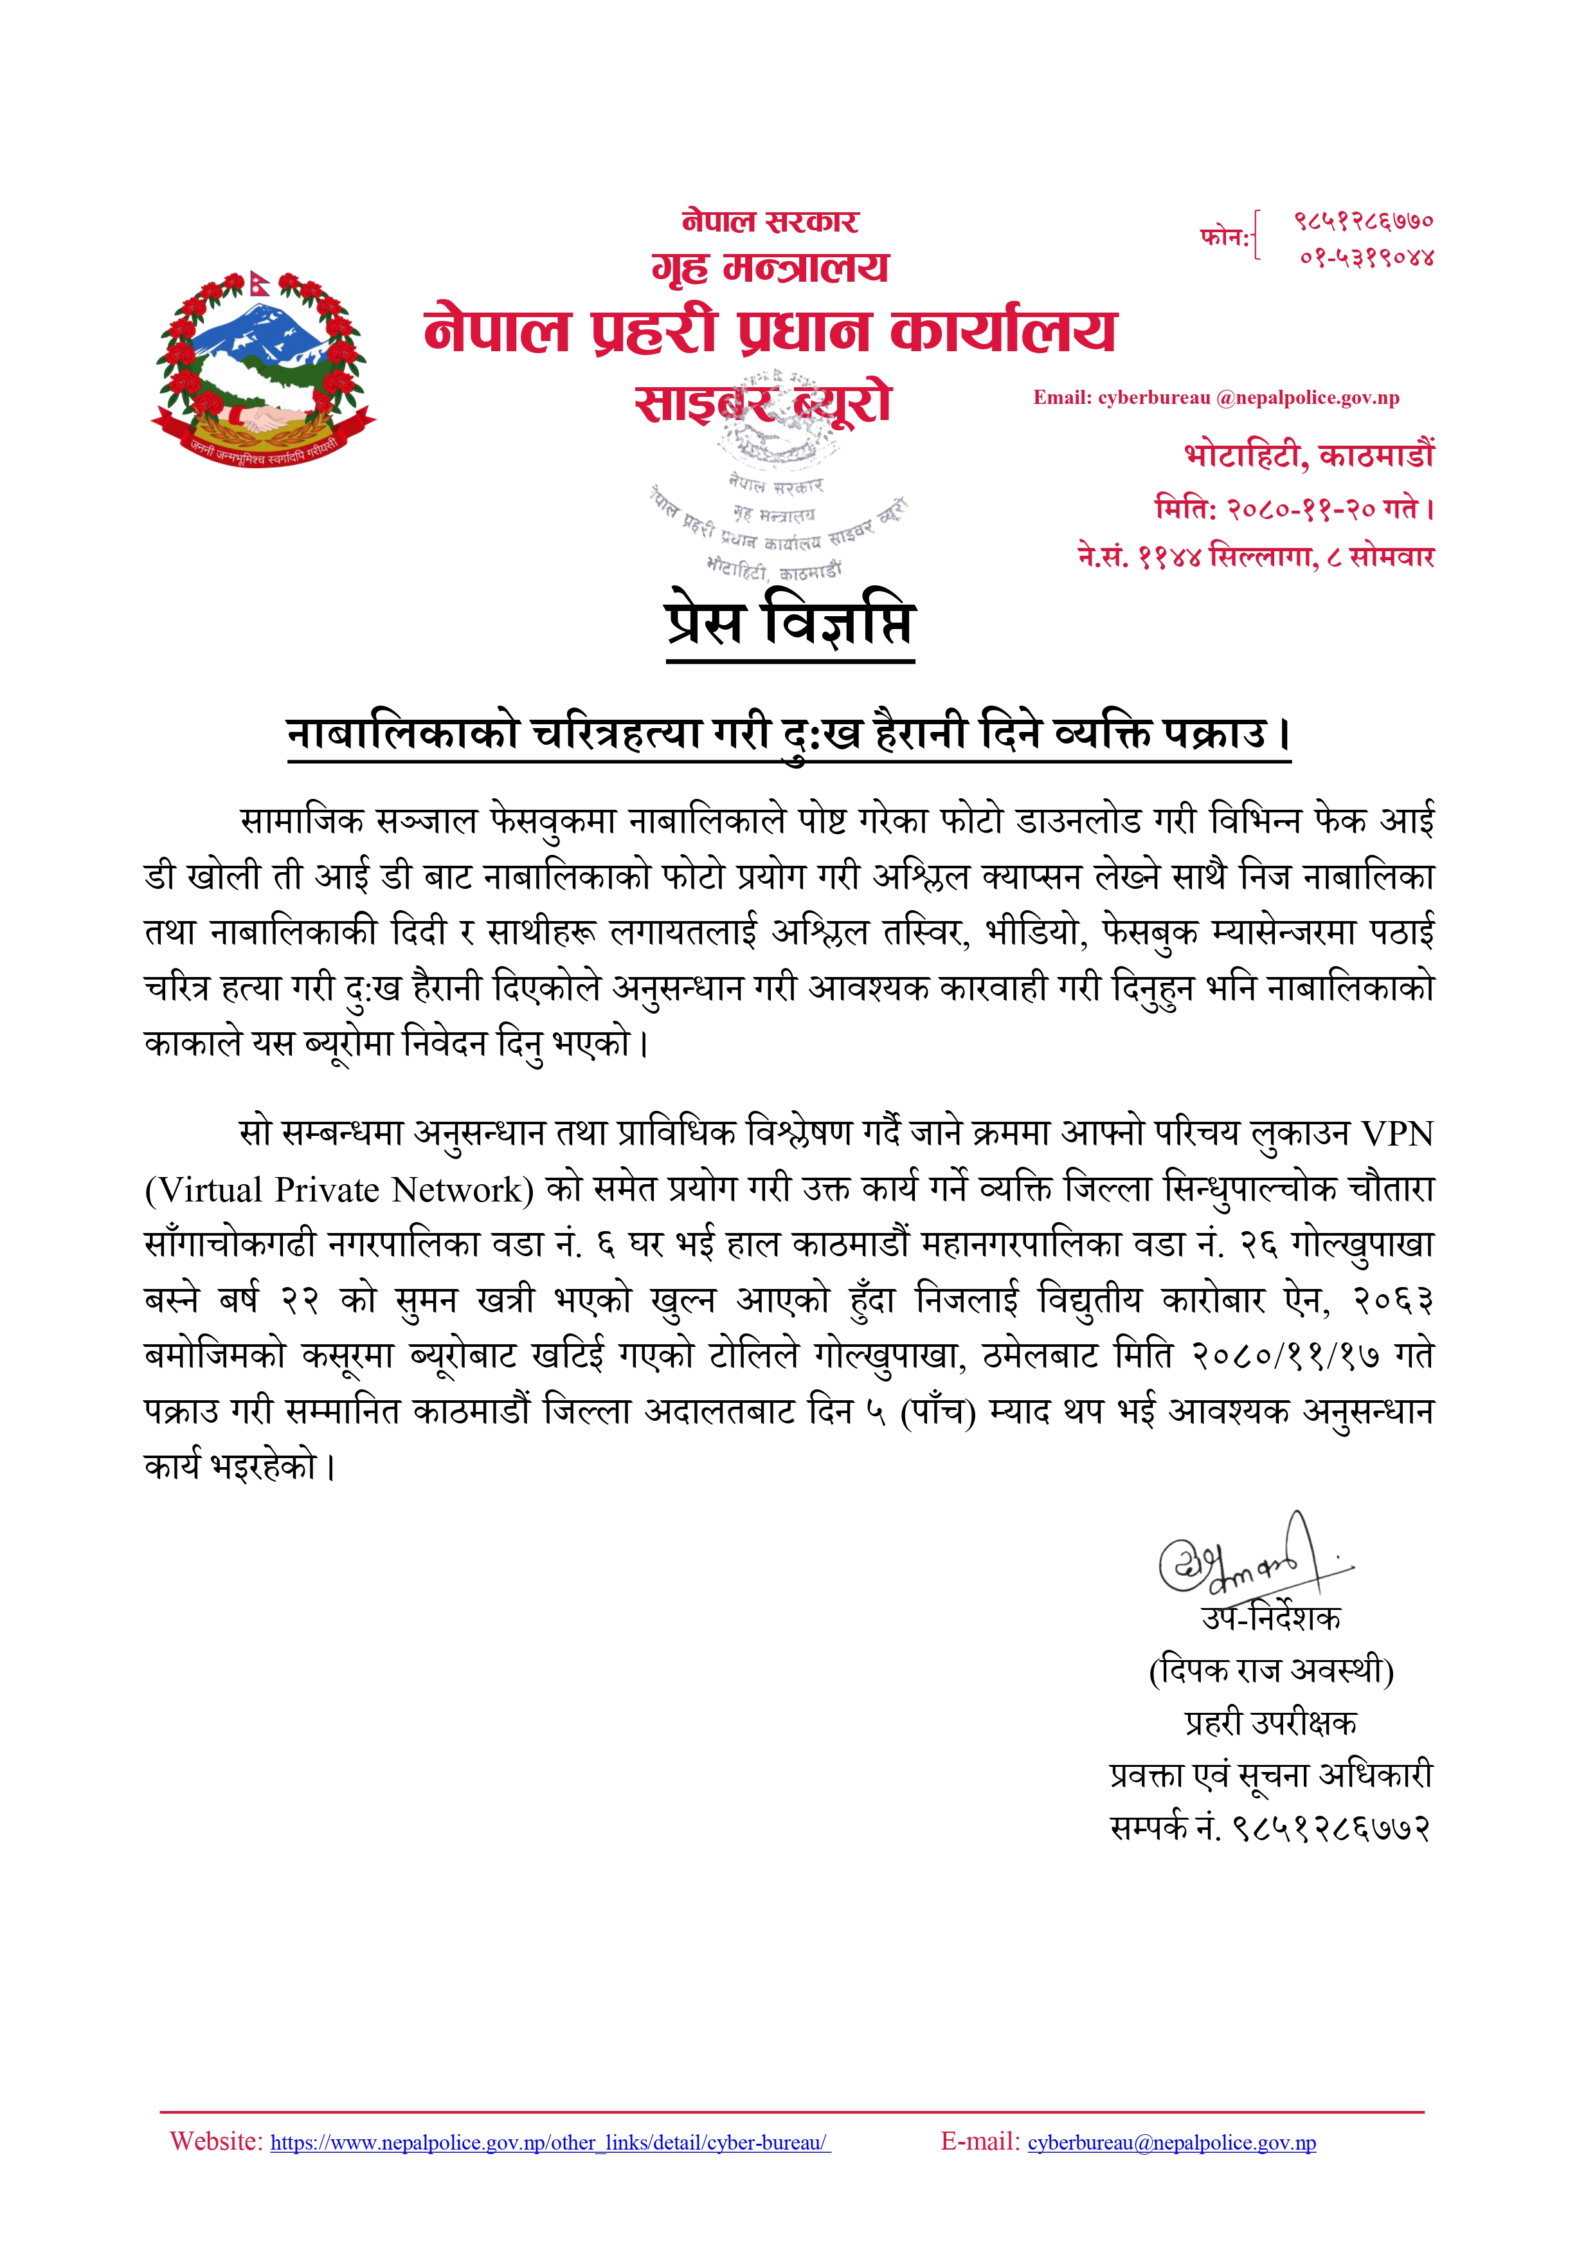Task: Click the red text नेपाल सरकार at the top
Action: point(770,221)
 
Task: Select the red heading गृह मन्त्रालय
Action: point(770,268)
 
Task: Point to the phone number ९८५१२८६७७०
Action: point(1363,221)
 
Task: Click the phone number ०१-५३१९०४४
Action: point(1367,257)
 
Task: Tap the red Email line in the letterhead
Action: point(1216,398)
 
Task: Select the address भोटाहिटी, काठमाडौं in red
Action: point(1309,455)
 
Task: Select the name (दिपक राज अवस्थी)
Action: point(1271,1670)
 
